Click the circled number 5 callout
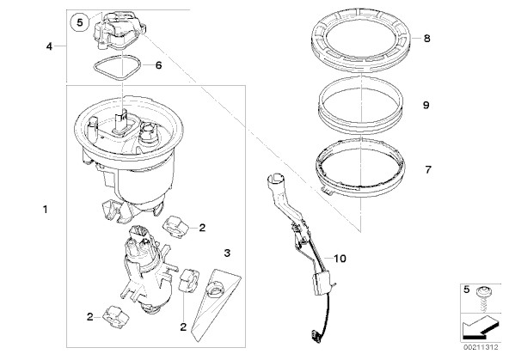click(x=80, y=22)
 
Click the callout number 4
click(x=49, y=46)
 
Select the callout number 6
click(x=158, y=65)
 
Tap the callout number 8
click(x=426, y=39)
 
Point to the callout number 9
click(x=426, y=105)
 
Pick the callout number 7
click(x=428, y=169)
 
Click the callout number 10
click(x=340, y=259)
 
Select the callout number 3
click(x=227, y=253)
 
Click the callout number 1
click(x=46, y=210)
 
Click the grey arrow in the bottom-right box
click(x=479, y=327)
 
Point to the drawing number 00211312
click(x=481, y=347)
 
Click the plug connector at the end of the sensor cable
click(x=315, y=334)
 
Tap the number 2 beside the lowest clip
click(x=90, y=317)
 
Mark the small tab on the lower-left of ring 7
click(x=326, y=192)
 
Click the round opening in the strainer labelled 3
click(x=214, y=290)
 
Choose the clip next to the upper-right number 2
click(x=175, y=228)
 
